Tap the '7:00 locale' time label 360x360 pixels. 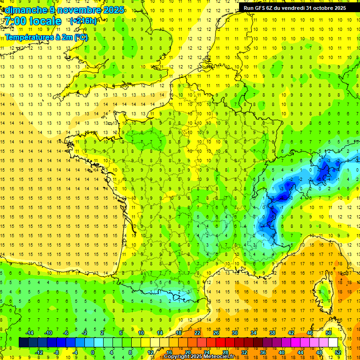[31, 21]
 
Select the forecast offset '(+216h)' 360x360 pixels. [83, 21]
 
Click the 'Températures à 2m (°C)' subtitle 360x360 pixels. [46, 37]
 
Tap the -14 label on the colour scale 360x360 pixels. [29, 332]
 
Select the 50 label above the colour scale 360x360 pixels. [329, 332]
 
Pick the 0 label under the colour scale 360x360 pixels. [93, 352]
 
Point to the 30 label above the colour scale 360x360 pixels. [235, 332]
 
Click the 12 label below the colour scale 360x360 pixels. [150, 352]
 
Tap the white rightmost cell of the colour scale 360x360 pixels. [333, 342]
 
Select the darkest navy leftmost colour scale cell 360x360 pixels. [23, 342]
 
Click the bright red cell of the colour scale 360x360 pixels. [220, 342]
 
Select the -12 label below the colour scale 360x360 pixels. [39, 352]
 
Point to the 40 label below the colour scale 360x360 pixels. [282, 352]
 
